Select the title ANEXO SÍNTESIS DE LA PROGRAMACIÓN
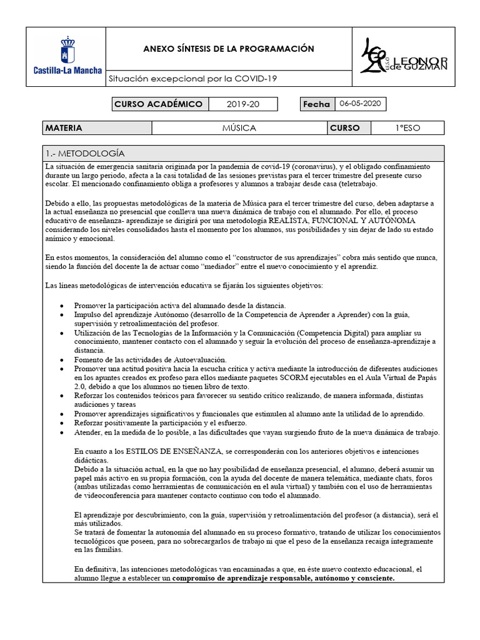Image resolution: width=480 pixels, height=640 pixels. click(229, 49)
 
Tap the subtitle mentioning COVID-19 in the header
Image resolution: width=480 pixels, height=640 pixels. click(192, 79)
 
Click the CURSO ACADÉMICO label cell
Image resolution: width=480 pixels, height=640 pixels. click(158, 104)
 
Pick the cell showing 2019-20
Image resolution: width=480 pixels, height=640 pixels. click(242, 104)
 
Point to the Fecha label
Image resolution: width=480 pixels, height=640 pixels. click(316, 104)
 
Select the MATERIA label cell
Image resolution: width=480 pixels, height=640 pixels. click(97, 128)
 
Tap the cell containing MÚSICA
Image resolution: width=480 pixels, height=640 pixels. click(239, 128)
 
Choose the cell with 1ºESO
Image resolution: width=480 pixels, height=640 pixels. click(407, 128)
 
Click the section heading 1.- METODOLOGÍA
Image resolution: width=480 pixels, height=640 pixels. click(85, 153)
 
